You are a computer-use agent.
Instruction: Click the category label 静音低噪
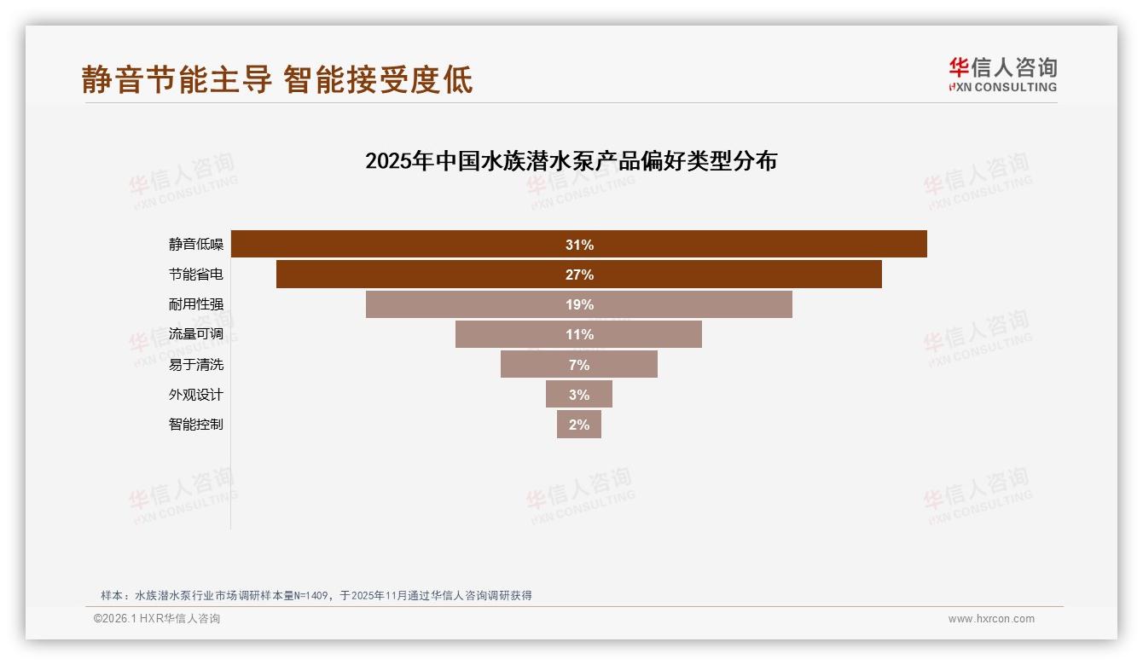pyautogui.click(x=196, y=245)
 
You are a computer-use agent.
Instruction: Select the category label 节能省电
pyautogui.click(x=196, y=275)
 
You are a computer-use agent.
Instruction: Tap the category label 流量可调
pyautogui.click(x=196, y=334)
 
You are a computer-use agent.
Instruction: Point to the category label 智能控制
pyautogui.click(x=196, y=424)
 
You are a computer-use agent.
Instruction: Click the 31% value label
pyautogui.click(x=579, y=245)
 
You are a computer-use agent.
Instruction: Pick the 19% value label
pyautogui.click(x=579, y=304)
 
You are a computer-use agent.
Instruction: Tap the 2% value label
pyautogui.click(x=579, y=424)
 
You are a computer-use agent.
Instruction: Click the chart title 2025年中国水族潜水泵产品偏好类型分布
pyautogui.click(x=571, y=161)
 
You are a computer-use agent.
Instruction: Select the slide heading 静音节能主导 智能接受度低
pyautogui.click(x=277, y=80)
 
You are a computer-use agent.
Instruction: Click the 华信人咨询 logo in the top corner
pyautogui.click(x=1002, y=74)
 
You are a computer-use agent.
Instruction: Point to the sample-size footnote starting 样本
pyautogui.click(x=316, y=595)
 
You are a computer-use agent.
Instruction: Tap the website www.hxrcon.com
pyautogui.click(x=991, y=619)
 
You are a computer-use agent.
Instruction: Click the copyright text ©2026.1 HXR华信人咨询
pyautogui.click(x=157, y=619)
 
